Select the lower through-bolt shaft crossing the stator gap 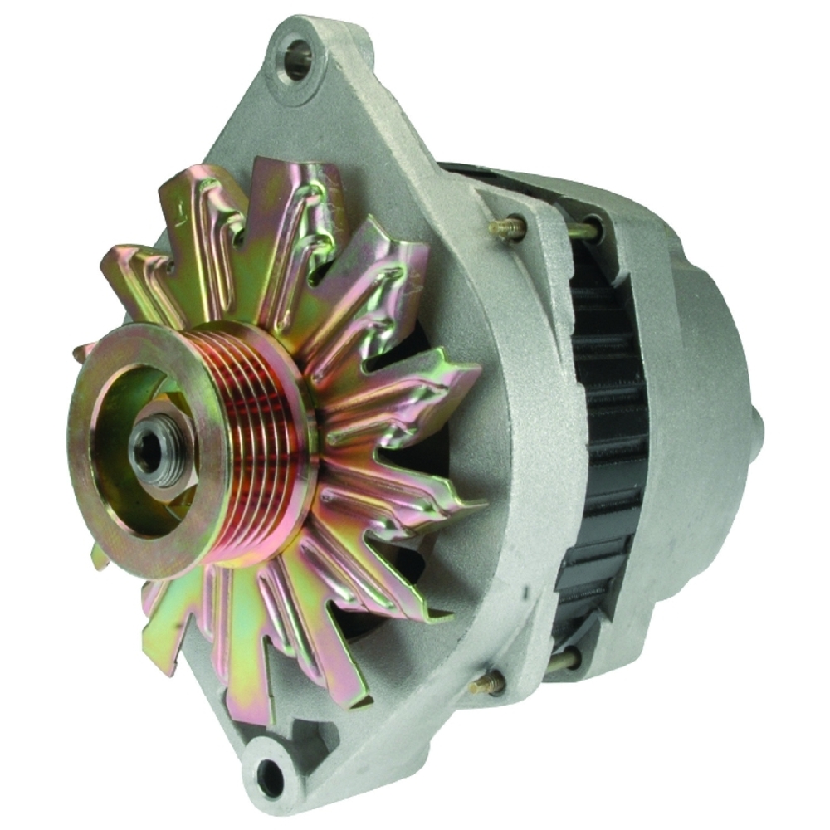coord(564,661)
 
